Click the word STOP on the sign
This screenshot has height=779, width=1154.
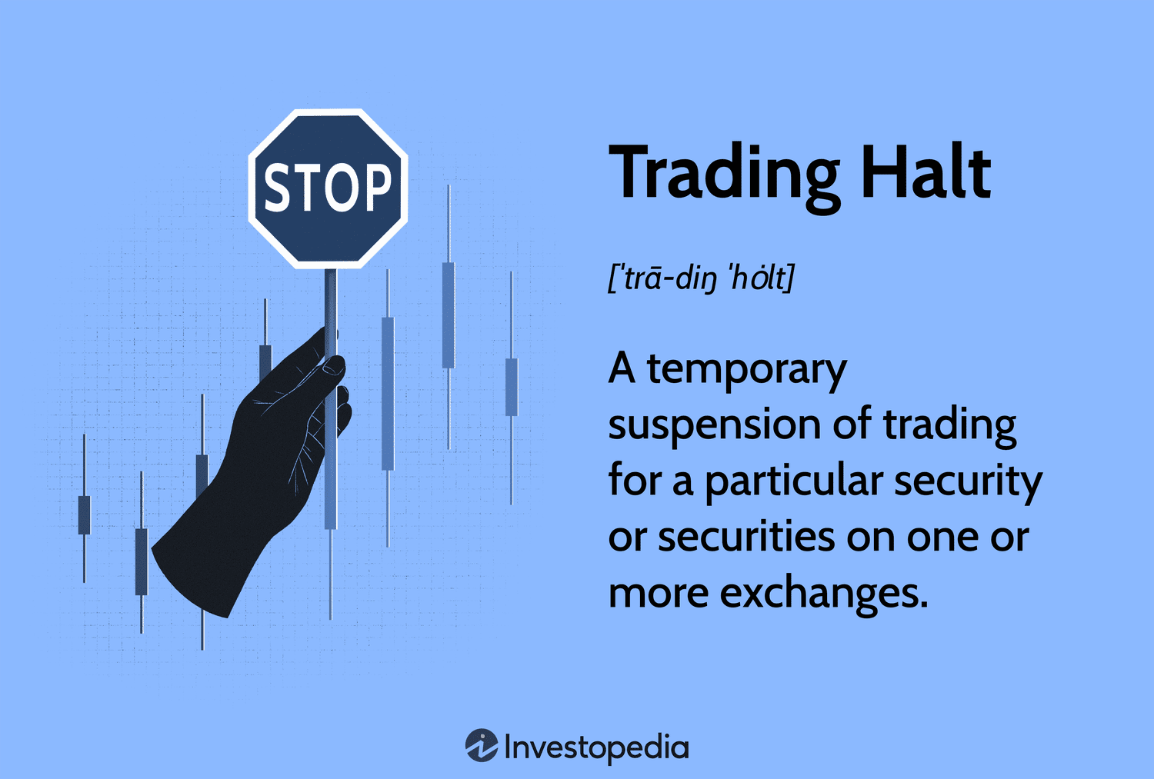tap(328, 188)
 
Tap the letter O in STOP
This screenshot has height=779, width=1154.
tap(342, 188)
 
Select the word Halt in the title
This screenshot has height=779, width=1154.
tap(926, 171)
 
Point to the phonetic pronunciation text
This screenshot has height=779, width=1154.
tap(701, 278)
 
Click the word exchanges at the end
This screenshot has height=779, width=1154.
tap(823, 592)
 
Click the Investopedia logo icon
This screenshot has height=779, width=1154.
tap(481, 745)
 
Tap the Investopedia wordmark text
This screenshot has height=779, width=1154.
tap(596, 748)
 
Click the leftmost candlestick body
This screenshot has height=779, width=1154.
tap(84, 515)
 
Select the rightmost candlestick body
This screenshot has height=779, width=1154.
tap(511, 387)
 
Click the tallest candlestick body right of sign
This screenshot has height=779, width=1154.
tap(388, 394)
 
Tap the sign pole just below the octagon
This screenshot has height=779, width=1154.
tap(331, 288)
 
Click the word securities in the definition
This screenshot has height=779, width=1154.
tap(746, 536)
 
